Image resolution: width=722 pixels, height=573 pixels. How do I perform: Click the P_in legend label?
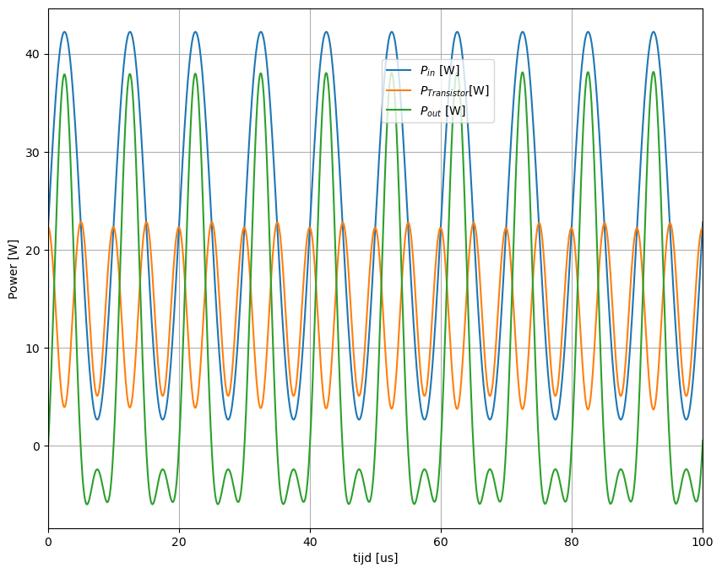(439, 71)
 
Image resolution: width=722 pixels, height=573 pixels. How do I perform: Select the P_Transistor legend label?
(454, 90)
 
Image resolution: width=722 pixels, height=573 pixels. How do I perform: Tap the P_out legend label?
(442, 111)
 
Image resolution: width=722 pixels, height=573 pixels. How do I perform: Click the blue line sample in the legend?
(399, 71)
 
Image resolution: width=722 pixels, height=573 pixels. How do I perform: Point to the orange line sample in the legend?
(399, 90)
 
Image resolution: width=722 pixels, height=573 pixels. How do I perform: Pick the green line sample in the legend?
(399, 111)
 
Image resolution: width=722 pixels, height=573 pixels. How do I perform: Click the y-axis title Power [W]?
(13, 269)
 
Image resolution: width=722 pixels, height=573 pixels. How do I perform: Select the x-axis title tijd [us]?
(375, 558)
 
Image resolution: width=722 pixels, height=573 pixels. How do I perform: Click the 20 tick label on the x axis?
(179, 540)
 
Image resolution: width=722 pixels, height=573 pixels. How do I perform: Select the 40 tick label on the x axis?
(310, 540)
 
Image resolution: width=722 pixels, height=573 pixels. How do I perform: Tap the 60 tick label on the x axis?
(441, 540)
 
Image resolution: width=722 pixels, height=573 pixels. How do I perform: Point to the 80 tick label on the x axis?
(572, 540)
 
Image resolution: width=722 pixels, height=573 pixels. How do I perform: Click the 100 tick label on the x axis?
(702, 540)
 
